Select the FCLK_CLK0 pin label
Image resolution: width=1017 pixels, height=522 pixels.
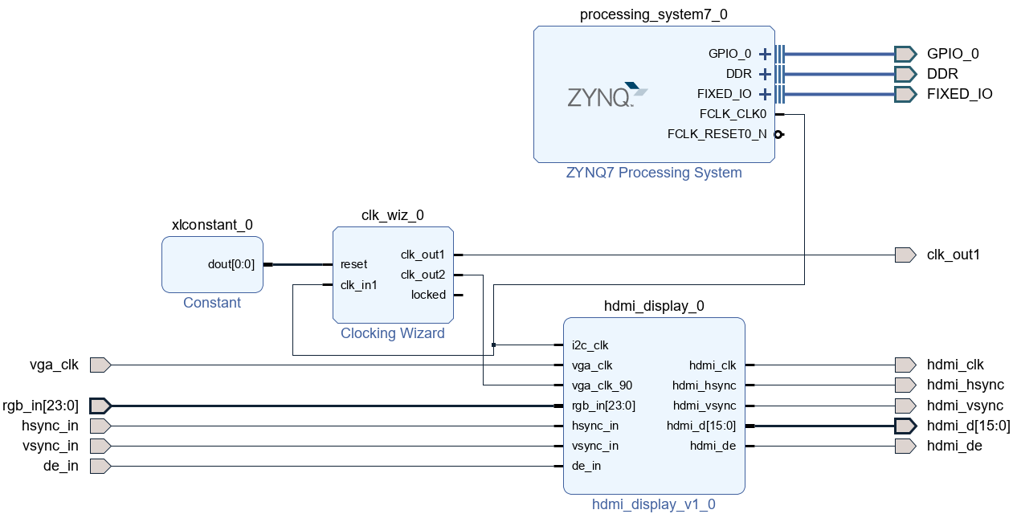tap(733, 114)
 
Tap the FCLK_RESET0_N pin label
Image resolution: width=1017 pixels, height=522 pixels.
tap(717, 134)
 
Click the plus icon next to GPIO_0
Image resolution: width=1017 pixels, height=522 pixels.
tap(764, 54)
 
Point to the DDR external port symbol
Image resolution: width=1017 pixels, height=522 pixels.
tap(905, 74)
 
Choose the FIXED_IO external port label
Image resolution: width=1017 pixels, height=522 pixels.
tap(959, 94)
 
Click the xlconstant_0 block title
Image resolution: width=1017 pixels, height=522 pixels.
tap(212, 225)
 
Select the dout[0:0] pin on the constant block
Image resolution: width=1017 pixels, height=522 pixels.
tap(231, 264)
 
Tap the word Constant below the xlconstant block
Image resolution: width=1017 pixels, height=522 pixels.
tap(212, 303)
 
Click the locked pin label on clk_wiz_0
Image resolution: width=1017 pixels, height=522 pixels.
tap(428, 295)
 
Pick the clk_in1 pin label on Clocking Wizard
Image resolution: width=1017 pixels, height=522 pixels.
tap(358, 284)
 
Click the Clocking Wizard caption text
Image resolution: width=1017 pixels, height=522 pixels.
tap(392, 333)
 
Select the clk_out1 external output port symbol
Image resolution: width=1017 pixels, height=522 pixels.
tap(905, 255)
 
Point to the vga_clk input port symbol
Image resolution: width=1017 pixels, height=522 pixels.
tap(100, 365)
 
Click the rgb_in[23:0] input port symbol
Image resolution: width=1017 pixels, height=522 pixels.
tap(100, 406)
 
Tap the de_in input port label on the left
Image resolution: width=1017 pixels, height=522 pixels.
tap(60, 466)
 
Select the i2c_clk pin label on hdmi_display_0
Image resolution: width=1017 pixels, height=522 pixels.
tap(590, 345)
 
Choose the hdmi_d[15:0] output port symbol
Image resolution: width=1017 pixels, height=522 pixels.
tap(905, 426)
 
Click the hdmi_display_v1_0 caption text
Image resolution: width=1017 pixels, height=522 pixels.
tap(653, 504)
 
